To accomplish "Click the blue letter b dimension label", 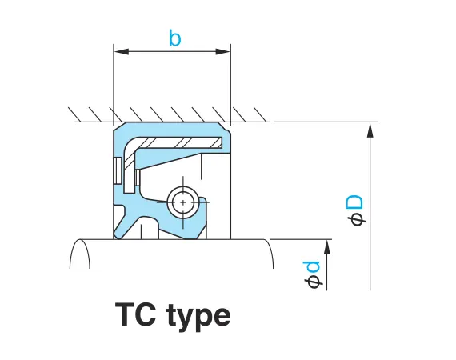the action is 174,38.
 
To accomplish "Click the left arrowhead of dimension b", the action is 122,52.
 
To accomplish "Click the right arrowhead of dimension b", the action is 222,52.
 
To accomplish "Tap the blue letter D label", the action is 354,202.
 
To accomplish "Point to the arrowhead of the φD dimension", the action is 370,130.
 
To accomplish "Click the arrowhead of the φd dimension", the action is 327,247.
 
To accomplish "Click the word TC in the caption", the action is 135,314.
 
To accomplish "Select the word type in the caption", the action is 199,317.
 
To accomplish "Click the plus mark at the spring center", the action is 183,202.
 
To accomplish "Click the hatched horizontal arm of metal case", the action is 180,142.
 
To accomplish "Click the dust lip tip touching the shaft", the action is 117,236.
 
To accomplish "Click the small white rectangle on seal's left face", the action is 118,170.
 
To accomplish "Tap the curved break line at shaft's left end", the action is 79,253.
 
